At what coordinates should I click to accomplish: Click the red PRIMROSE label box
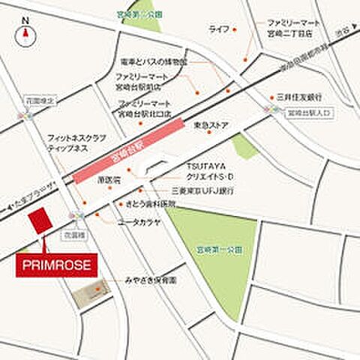tap(55, 265)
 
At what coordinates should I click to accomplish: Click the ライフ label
tap(218, 28)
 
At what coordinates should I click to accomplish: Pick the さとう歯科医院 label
tap(149, 203)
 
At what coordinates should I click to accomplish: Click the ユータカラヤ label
tap(139, 221)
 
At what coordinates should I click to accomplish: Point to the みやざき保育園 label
tap(151, 280)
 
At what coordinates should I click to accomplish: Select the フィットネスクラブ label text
tap(75, 139)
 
